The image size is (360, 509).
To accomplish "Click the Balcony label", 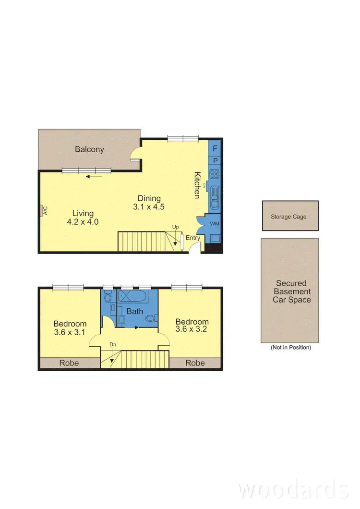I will (x=89, y=149).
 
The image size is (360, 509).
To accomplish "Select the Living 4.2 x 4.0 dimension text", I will (x=83, y=218).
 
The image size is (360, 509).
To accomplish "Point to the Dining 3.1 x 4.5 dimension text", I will (x=149, y=203).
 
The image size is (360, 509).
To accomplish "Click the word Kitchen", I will (x=197, y=185).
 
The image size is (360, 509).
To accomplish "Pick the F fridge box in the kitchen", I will (x=215, y=148).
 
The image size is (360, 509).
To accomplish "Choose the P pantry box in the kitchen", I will (x=215, y=161).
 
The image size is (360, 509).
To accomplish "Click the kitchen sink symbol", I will (x=215, y=196).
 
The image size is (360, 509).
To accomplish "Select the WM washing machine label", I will (x=214, y=224).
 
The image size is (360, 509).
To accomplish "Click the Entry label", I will (x=193, y=238).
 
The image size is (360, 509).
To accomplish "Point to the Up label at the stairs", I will (x=176, y=227).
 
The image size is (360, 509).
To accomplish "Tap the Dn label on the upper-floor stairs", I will (x=113, y=344).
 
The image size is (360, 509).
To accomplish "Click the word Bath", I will (x=135, y=311).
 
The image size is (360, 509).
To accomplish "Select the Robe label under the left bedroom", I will (x=69, y=363).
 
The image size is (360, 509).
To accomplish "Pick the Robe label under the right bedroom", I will (x=195, y=363).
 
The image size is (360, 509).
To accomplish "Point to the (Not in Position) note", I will (x=290, y=347).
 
